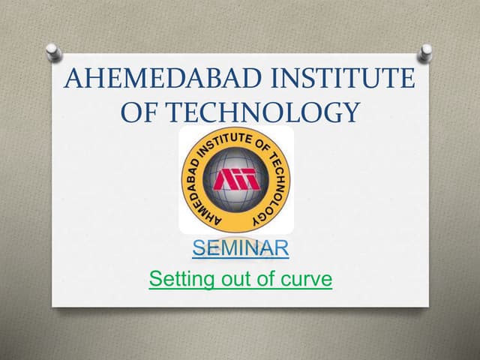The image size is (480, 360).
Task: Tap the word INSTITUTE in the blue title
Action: (x=345, y=79)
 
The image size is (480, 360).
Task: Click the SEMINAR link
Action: (x=240, y=247)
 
